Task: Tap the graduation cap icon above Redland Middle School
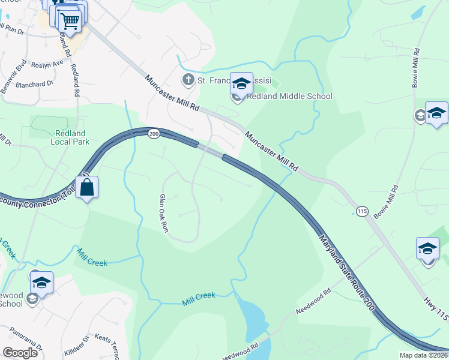click(241, 84)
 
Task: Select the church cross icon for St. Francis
click(188, 80)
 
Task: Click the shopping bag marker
click(87, 187)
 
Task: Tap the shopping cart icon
click(70, 20)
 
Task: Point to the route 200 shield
click(154, 134)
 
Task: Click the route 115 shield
click(361, 211)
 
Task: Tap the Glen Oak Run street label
click(162, 213)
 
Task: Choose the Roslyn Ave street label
click(47, 64)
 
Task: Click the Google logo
click(19, 352)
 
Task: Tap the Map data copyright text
click(424, 355)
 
